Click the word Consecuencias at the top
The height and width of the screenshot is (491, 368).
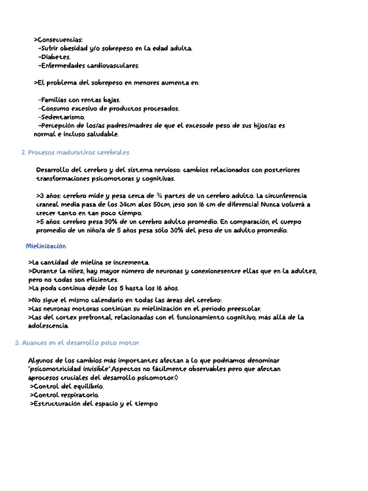click(60, 39)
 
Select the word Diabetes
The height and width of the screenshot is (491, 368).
click(56, 57)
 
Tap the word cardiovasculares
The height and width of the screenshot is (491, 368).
click(113, 65)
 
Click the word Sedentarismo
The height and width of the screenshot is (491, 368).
click(63, 116)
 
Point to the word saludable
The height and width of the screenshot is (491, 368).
click(100, 134)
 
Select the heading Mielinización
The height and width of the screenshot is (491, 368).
click(46, 246)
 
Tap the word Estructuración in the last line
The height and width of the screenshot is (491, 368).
click(58, 404)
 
